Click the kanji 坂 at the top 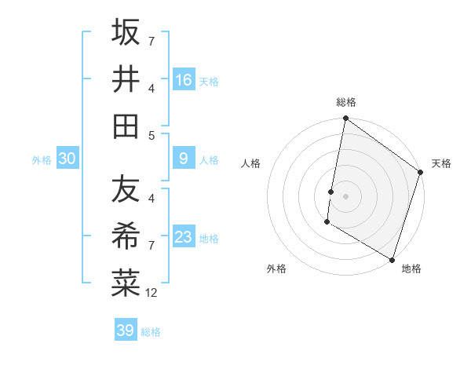coord(126,32)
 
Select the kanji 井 coord(126,79)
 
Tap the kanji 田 coord(126,125)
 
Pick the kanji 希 coord(126,236)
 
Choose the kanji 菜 coord(126,283)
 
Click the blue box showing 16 coord(184,79)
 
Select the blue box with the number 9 coord(184,159)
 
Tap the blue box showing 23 coord(184,237)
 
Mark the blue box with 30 coord(68,159)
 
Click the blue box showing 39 coord(125,331)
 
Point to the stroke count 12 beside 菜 coord(152,292)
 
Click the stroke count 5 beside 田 coord(152,135)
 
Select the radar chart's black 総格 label coord(346,102)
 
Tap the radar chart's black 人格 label coord(251,163)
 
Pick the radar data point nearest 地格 coord(392,259)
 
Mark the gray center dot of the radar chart coord(345,195)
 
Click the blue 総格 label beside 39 coord(151,332)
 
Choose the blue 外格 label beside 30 coord(42,160)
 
